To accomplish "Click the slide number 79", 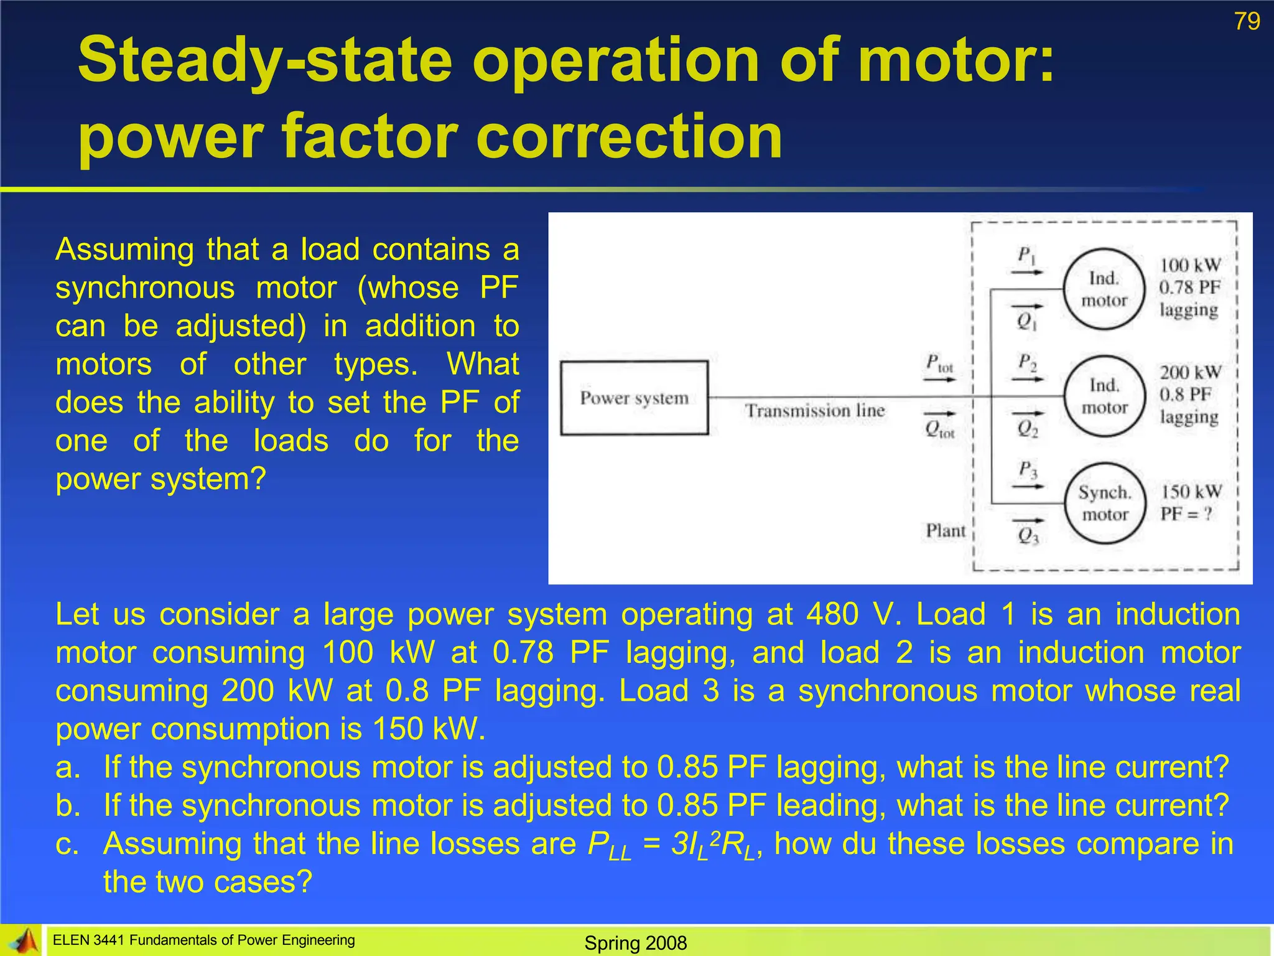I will tap(1247, 22).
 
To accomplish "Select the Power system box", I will tap(634, 398).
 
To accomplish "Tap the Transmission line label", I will tap(815, 411).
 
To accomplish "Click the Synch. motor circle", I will tap(1105, 504).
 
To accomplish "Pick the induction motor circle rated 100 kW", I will tap(1104, 289).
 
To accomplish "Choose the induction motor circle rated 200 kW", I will tap(1104, 396).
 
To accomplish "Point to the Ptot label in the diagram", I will tap(939, 363).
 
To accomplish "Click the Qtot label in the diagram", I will tap(939, 429).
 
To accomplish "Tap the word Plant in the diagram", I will tap(946, 531).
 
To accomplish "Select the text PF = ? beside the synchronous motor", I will tap(1186, 514).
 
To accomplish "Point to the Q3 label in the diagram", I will tap(1028, 535).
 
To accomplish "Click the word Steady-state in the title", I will tap(265, 60).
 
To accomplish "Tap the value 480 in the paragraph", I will tap(832, 615).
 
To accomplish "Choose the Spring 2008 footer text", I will tap(635, 943).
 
